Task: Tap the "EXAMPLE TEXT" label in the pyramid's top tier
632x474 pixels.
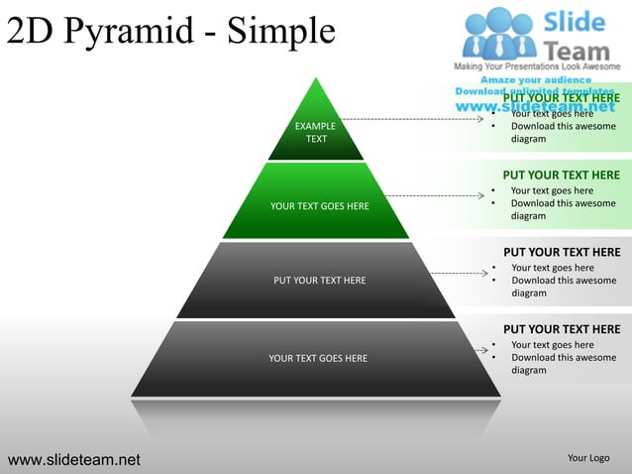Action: pos(315,133)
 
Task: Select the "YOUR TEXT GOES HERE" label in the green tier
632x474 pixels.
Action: pos(319,206)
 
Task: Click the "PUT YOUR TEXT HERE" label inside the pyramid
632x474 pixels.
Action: pos(319,281)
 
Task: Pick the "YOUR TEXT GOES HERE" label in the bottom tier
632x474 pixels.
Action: pos(318,358)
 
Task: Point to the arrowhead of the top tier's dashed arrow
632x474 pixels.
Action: pos(480,119)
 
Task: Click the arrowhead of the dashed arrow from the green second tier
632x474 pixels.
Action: pos(480,196)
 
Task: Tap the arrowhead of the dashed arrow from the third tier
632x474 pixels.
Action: pos(480,273)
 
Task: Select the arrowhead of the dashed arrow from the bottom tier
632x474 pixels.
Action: pos(480,349)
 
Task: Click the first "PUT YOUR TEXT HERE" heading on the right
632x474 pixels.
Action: pos(561,98)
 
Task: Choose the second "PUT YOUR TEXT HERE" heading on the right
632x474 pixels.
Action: pos(561,176)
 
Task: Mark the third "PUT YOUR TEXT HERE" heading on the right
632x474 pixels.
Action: pos(562,252)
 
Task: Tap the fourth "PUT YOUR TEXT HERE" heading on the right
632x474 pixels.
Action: pos(562,329)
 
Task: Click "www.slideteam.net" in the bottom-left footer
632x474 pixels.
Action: pos(74,459)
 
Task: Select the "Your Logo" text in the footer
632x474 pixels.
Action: pos(588,458)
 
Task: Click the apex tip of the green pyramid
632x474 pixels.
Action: pos(315,78)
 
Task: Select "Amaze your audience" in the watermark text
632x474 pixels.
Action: pos(536,79)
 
